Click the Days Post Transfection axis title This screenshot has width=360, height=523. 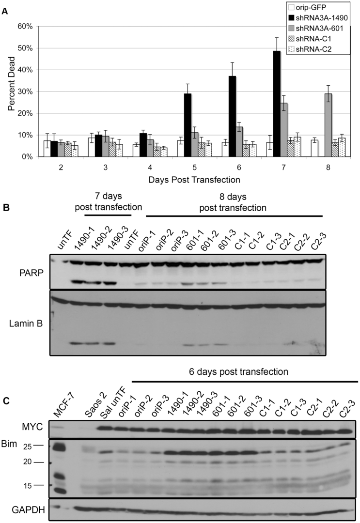click(188, 180)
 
